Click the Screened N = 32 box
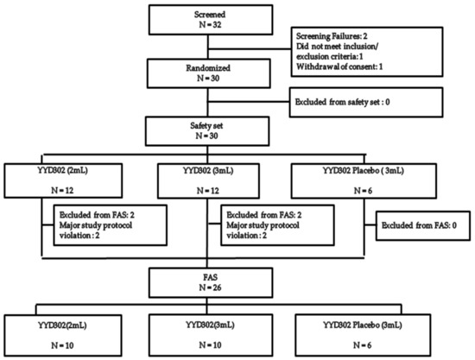point(211,20)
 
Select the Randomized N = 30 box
point(209,73)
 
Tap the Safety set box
point(207,131)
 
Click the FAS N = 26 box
point(211,282)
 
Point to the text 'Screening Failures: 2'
point(332,36)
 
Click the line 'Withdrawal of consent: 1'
point(339,66)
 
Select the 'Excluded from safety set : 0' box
point(366,103)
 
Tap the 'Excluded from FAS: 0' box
point(423,226)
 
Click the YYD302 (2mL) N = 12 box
point(63,180)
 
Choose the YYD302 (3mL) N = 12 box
point(208,181)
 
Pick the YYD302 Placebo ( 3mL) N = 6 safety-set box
point(364,181)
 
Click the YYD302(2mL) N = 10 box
point(63,336)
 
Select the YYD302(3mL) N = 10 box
point(211,335)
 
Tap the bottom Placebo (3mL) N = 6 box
point(363,335)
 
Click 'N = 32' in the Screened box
point(210,24)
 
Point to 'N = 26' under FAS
point(210,287)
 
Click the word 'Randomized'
point(208,68)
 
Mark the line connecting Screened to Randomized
point(208,47)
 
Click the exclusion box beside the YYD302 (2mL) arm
point(111,225)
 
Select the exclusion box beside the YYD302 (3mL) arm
point(277,225)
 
